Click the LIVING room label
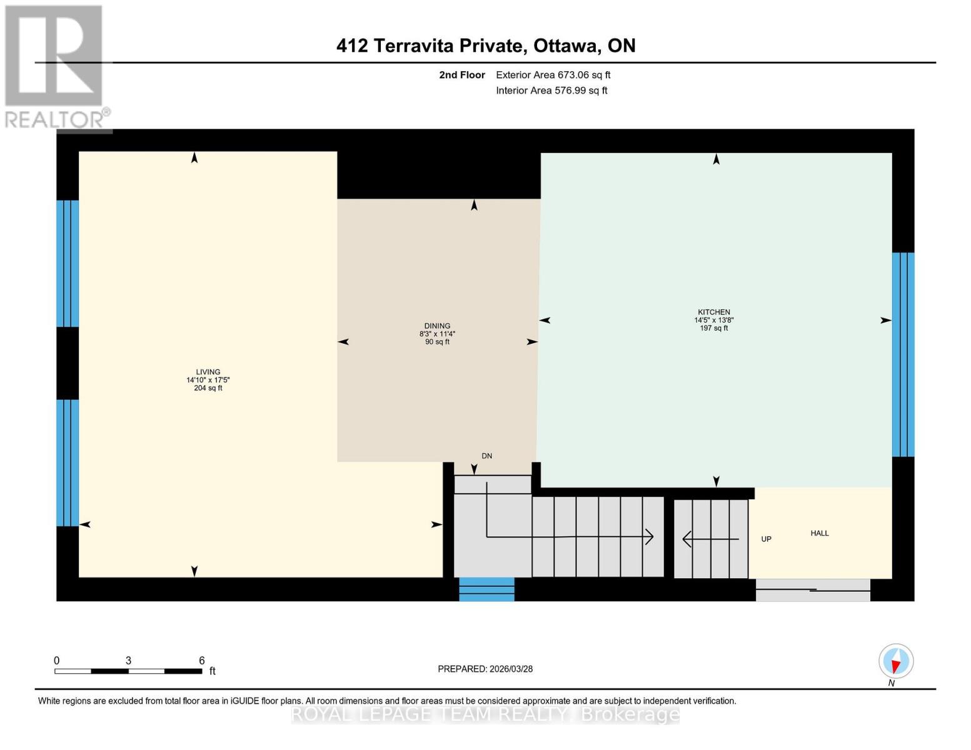[x=208, y=372]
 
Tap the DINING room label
[x=437, y=326]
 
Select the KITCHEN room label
[x=714, y=312]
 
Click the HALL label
[x=820, y=533]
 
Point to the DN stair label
[x=486, y=456]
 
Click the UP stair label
[x=766, y=539]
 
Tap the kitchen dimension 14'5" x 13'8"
[x=714, y=320]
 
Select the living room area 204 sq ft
[x=208, y=388]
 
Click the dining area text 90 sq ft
[x=437, y=342]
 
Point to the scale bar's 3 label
[x=128, y=661]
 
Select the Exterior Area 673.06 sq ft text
[x=553, y=75]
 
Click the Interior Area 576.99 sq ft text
[x=551, y=91]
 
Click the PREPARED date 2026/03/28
[x=485, y=669]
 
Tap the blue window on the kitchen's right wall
[x=903, y=354]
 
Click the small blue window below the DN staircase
[x=486, y=589]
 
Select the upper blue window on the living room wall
[x=68, y=263]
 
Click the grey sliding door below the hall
[x=813, y=590]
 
